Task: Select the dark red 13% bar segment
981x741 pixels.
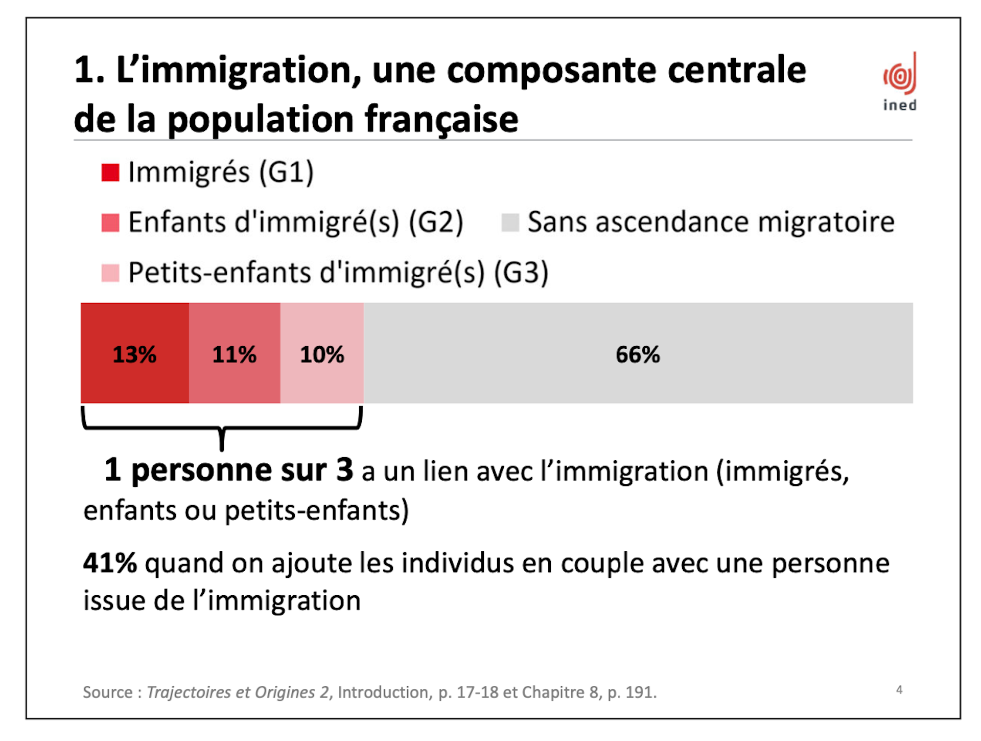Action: [135, 353]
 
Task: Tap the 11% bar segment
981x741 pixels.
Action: [235, 353]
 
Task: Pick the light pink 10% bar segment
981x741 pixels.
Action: [322, 353]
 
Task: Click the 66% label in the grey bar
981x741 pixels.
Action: [638, 354]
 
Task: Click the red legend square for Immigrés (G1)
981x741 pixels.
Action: [110, 173]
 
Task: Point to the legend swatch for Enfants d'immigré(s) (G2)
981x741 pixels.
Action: [110, 223]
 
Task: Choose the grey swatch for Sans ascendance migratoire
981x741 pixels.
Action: [510, 223]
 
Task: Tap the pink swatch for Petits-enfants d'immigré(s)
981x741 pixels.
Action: [110, 273]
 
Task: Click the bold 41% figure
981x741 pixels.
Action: [110, 563]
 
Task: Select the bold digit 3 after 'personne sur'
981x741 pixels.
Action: [344, 469]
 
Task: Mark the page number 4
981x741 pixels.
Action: [899, 690]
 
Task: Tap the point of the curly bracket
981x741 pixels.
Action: [222, 450]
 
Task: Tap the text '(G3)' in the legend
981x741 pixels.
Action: [521, 273]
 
